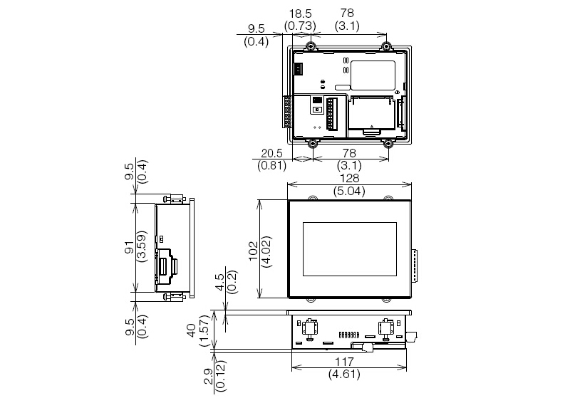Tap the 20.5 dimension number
tap(271, 153)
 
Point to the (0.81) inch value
tap(271, 166)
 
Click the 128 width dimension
tap(349, 179)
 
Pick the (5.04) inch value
tap(349, 191)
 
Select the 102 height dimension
tap(253, 248)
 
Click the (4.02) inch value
tap(267, 248)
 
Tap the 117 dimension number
tap(349, 361)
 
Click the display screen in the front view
tap(348, 249)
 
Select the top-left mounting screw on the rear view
tap(312, 46)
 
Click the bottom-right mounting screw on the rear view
tap(388, 143)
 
